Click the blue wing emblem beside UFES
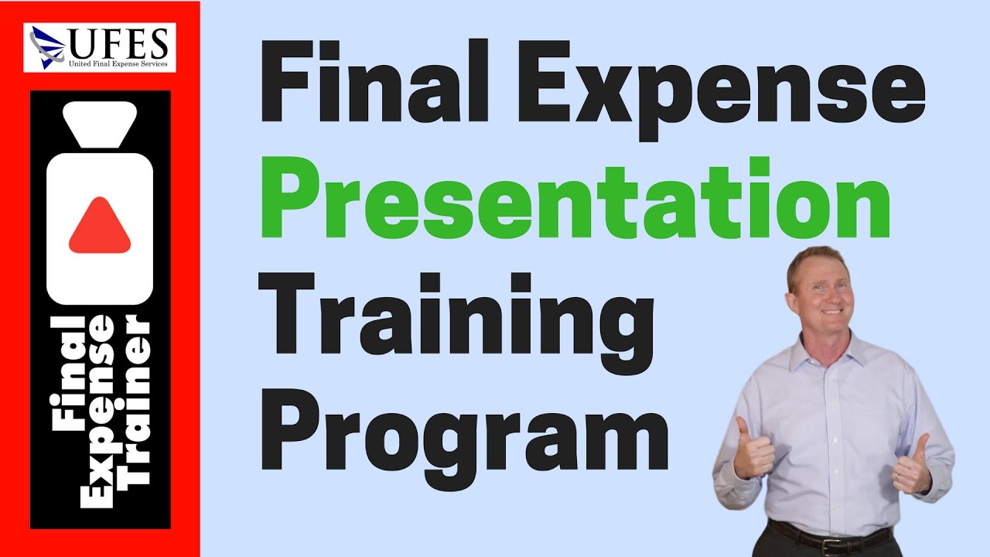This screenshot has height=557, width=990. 47,46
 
